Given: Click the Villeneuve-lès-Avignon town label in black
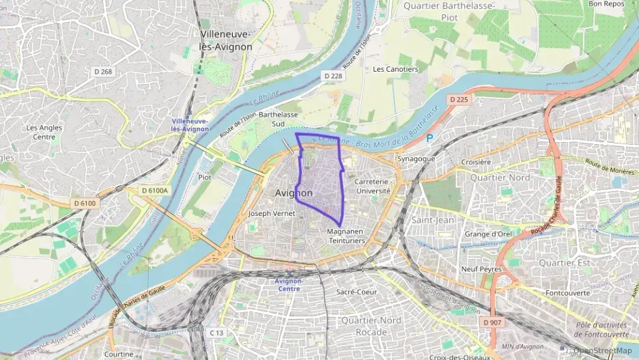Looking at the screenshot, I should click(225, 40).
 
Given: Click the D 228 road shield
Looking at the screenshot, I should click(333, 76).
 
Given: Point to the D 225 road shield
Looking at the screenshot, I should click(459, 100).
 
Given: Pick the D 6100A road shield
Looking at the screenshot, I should click(154, 191).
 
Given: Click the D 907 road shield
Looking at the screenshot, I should click(492, 322).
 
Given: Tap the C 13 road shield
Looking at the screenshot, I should click(216, 333).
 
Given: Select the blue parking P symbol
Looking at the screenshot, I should click(429, 138).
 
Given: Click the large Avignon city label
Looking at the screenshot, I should click(294, 193).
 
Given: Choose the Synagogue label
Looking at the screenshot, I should click(416, 158).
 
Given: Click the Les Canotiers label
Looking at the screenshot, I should click(395, 69).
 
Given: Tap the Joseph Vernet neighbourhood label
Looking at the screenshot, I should click(271, 213).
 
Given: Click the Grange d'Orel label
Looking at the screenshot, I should click(488, 234).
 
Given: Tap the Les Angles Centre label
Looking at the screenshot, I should click(44, 132).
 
